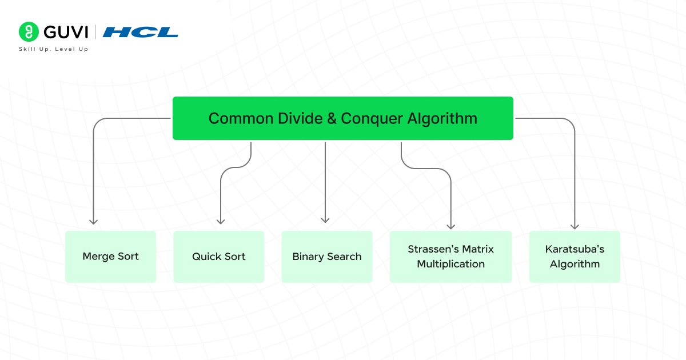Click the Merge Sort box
point(110,257)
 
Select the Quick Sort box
point(218,257)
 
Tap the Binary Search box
point(326,257)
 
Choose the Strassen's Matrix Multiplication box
point(450,257)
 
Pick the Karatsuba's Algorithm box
point(575,257)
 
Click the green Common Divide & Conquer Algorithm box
point(342,118)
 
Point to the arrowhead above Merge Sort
point(94,221)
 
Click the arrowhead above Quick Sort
point(221,221)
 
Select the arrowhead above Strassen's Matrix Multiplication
point(451,226)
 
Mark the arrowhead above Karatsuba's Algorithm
point(575,226)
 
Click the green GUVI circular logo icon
point(28,31)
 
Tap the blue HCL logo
point(141,32)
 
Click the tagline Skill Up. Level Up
point(53,49)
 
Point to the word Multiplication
point(450,264)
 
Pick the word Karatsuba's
point(575,249)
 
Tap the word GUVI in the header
point(64,31)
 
